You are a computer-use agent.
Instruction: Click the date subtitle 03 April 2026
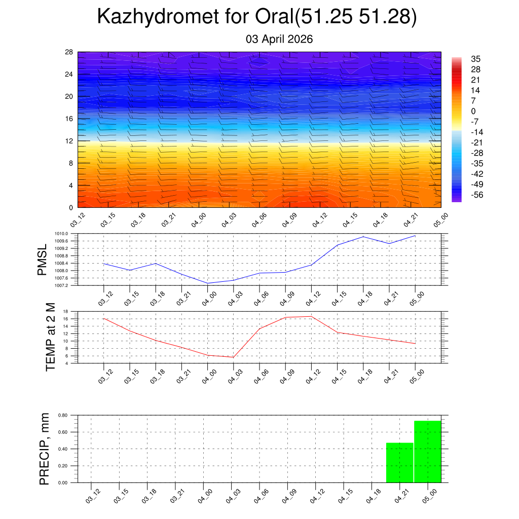pyautogui.click(x=279, y=39)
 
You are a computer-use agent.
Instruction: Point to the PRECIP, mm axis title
pyautogui.click(x=45, y=449)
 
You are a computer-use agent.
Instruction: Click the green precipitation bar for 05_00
pyautogui.click(x=427, y=452)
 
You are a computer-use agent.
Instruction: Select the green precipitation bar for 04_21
pyautogui.click(x=399, y=463)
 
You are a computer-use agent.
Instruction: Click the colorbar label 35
pyautogui.click(x=475, y=59)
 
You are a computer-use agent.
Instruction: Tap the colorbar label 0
pyautogui.click(x=473, y=111)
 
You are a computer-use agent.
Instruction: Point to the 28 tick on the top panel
pyautogui.click(x=69, y=52)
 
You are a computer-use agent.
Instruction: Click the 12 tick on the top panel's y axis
pyautogui.click(x=69, y=141)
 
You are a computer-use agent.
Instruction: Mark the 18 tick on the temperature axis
pyautogui.click(x=66, y=311)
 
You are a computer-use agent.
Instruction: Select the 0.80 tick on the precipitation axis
pyautogui.click(x=63, y=415)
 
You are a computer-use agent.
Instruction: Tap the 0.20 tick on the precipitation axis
pyautogui.click(x=63, y=466)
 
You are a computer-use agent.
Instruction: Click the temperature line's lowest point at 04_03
pyautogui.click(x=233, y=357)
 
